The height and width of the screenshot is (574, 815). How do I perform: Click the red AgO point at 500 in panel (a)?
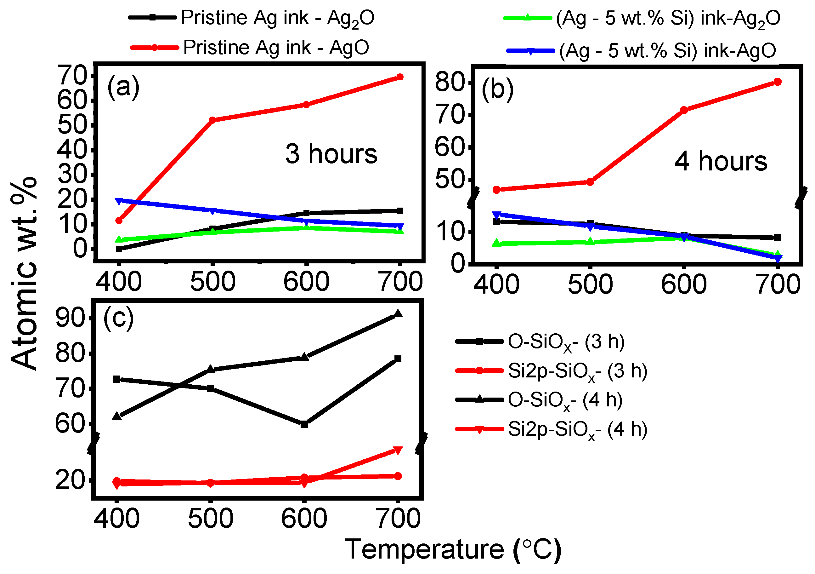click(x=212, y=120)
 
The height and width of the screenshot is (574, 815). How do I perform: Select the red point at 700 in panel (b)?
click(x=777, y=82)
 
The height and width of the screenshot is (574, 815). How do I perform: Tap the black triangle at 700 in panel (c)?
click(x=398, y=314)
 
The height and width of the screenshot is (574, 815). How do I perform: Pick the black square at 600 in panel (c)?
click(x=304, y=424)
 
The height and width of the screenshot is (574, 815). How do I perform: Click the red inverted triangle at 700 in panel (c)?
click(x=398, y=451)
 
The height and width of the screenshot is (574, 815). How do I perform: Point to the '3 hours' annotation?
click(x=331, y=154)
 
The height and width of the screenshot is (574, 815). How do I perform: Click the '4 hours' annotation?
click(x=721, y=162)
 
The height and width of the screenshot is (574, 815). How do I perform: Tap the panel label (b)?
click(x=497, y=89)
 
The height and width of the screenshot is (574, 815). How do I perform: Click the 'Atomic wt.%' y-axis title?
click(x=24, y=273)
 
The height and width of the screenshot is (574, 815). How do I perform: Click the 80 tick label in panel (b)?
click(x=450, y=83)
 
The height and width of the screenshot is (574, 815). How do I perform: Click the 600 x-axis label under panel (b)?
click(x=684, y=285)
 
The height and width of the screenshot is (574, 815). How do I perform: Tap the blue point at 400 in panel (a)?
click(x=119, y=201)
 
